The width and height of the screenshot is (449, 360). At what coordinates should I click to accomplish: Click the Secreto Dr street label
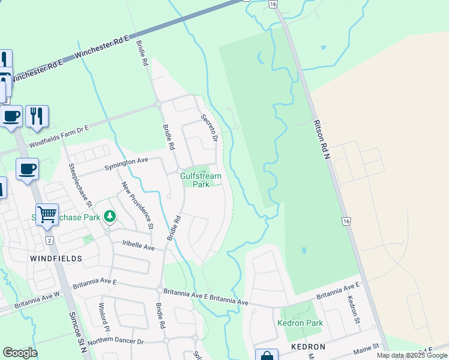208,128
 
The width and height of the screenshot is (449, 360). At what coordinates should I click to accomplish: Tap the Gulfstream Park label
201,180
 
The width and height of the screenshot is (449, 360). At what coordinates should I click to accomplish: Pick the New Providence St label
138,206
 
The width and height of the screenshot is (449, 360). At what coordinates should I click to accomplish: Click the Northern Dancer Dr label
116,341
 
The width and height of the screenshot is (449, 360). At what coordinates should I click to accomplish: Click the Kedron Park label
300,323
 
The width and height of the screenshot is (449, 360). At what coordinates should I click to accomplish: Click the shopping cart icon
47,214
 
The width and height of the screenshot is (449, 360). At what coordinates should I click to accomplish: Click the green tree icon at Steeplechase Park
109,215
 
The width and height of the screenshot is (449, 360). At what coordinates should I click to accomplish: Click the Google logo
20,353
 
